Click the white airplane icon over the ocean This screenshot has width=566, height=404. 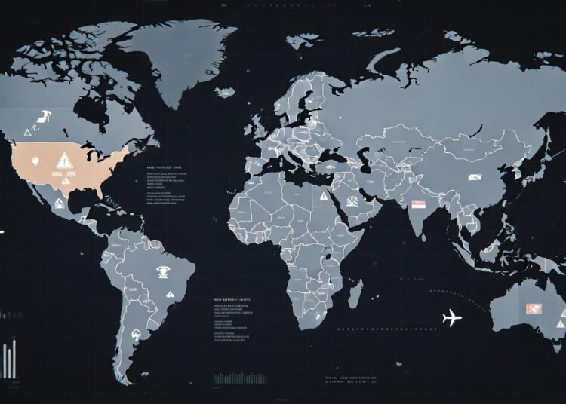click(452, 318)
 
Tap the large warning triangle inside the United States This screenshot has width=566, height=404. click(63, 159)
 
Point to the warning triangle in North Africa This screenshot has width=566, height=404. click(323, 197)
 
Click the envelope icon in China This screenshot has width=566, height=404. click(475, 178)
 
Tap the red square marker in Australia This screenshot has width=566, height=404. click(534, 307)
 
